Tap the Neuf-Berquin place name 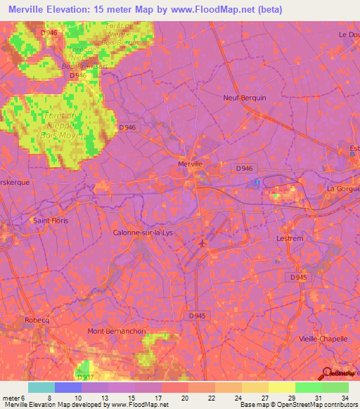click(x=245, y=98)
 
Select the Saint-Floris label click(x=50, y=221)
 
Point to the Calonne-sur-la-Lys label click(x=141, y=232)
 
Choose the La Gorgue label click(x=342, y=188)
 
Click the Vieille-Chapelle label click(x=324, y=339)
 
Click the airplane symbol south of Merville click(x=204, y=243)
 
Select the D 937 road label click(x=84, y=377)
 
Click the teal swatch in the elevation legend click(x=41, y=387)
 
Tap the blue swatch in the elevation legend click(x=67, y=387)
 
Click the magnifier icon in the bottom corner click(x=328, y=372)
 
